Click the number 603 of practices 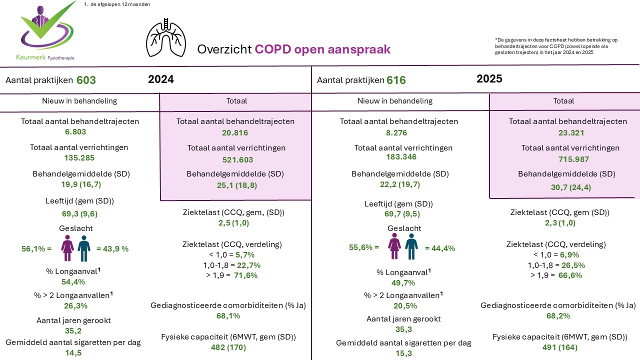pos(86,80)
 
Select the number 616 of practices pos(396,80)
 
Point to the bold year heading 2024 pos(161,79)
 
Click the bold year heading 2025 pos(489,79)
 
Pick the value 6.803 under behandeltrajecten pos(75,132)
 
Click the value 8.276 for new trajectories pos(397,133)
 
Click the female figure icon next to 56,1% pos(67,248)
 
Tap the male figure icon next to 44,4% pos(411,246)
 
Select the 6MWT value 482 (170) pos(228,347)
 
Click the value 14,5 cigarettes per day pos(73,352)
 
